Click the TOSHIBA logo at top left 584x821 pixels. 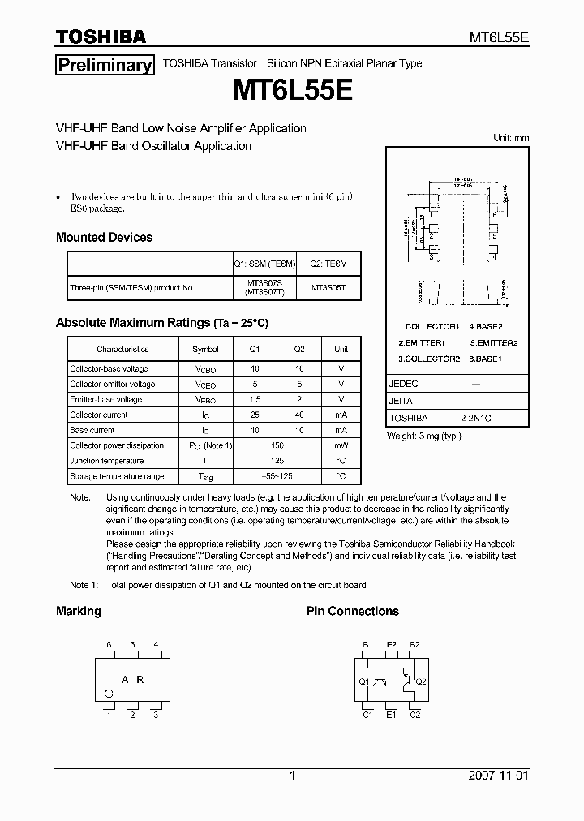101,37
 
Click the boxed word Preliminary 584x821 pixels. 104,66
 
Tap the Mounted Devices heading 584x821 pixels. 104,238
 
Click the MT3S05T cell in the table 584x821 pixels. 329,287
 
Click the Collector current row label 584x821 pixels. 98,415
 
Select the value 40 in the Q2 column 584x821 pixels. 299,415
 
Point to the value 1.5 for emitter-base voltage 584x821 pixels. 255,399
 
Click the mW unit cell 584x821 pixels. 341,445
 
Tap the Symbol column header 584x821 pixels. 205,349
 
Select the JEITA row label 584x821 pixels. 401,401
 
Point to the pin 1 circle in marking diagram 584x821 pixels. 109,693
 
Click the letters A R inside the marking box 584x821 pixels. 133,680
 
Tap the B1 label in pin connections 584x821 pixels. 367,644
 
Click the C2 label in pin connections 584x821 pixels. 414,715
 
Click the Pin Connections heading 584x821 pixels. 352,611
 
